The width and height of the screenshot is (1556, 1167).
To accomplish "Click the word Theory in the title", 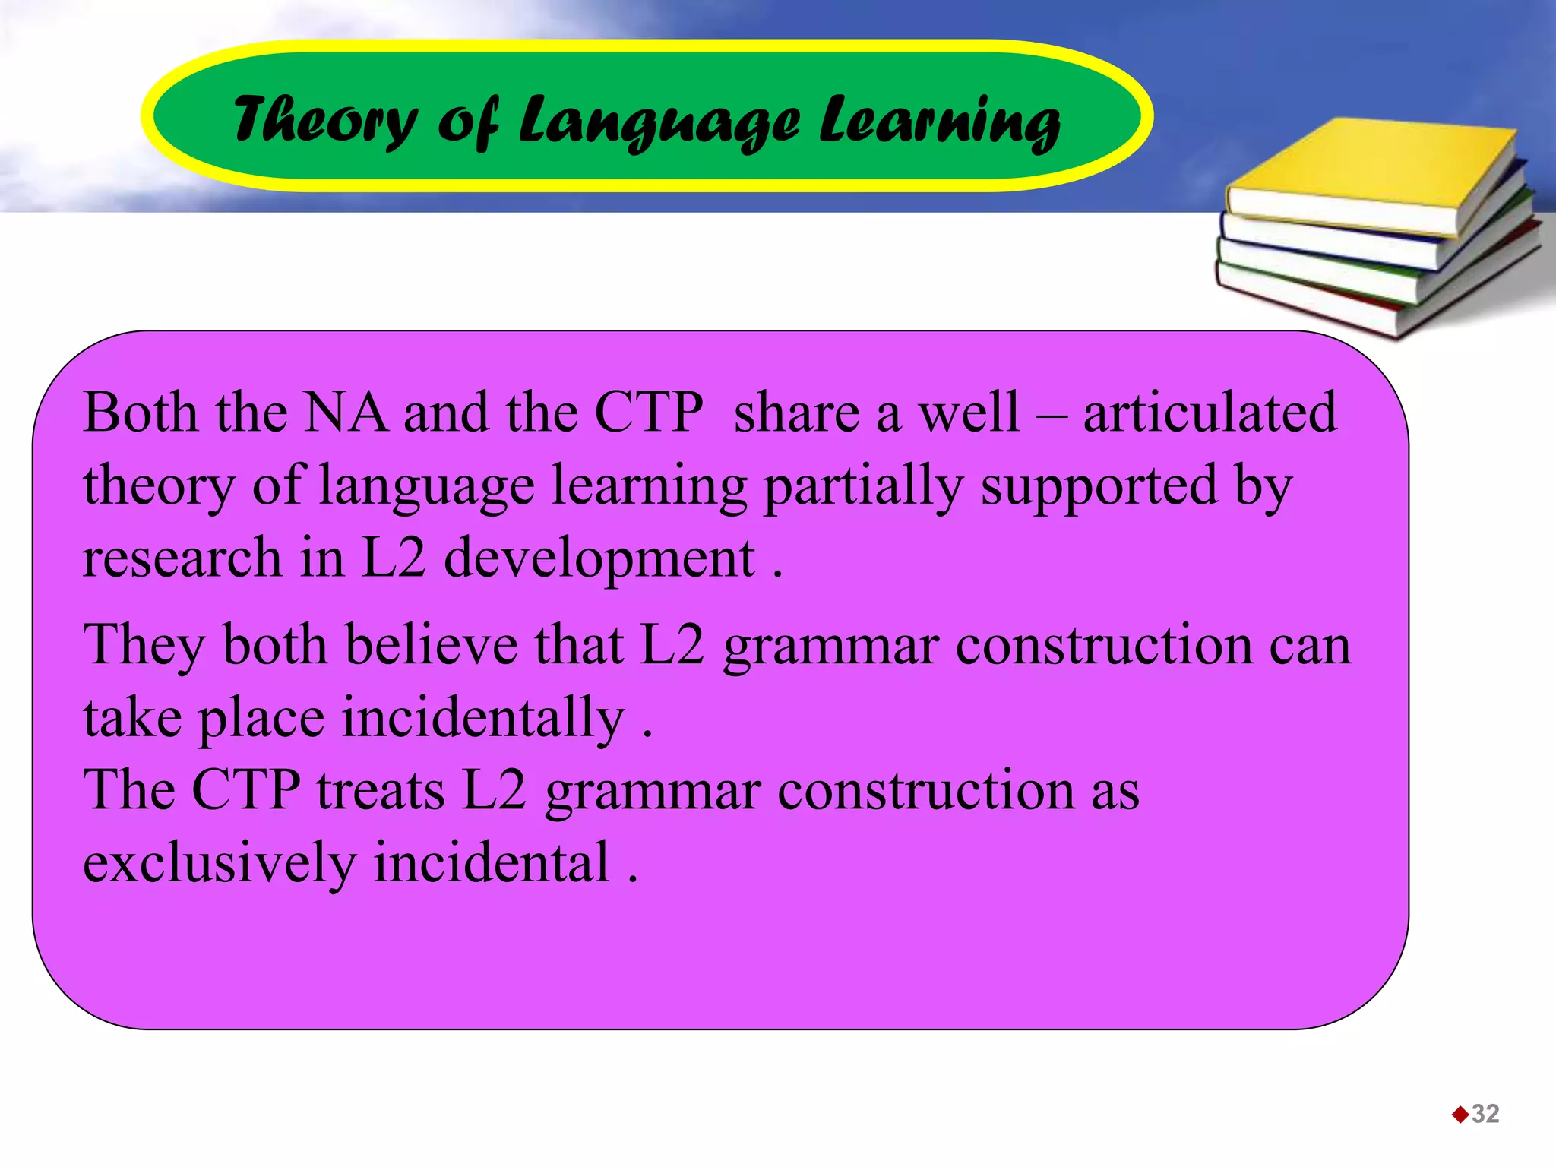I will (325, 120).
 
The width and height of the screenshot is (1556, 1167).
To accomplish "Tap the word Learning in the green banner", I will (939, 122).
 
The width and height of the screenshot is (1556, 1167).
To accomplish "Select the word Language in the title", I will (658, 122).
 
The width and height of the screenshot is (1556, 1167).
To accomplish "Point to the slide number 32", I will (1485, 1114).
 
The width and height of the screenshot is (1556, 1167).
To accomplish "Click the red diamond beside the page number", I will (1460, 1115).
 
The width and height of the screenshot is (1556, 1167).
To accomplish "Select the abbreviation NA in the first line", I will (345, 413).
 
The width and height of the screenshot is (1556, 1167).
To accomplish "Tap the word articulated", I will (1210, 413).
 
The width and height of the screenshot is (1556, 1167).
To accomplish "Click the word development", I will (599, 559).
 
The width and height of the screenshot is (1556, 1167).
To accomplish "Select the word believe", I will (431, 645).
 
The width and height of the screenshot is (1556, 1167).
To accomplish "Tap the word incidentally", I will (483, 718).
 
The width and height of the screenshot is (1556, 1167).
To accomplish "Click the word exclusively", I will (220, 864).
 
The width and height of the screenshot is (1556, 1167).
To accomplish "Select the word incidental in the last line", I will (492, 863).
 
